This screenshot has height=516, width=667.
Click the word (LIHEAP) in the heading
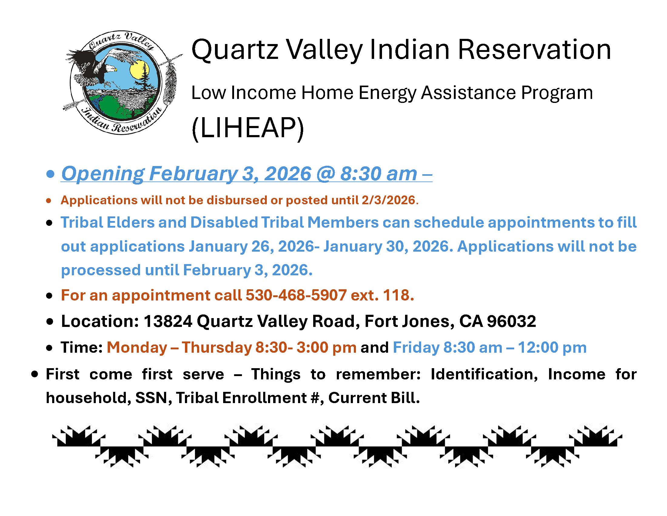pos(248,128)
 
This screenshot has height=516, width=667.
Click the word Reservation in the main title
pos(535,49)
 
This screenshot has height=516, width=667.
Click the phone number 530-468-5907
pos(296,295)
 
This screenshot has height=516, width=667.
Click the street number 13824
pos(168,321)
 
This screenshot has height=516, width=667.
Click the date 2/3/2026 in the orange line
pos(388,200)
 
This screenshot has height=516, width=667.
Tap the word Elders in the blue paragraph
pos(131,222)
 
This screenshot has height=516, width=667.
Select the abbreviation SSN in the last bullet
pos(152,398)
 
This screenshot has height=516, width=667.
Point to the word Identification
pos(484,375)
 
